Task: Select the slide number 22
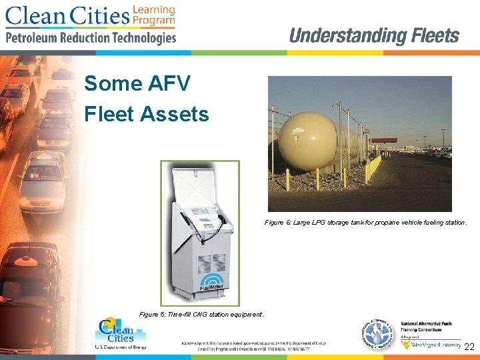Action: coord(469,347)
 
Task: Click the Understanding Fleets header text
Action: coord(374,35)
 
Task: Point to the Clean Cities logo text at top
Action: coord(67,15)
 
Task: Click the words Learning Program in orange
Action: coord(154,15)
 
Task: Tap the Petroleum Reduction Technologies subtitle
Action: coord(91,37)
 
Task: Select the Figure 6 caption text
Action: coord(365,222)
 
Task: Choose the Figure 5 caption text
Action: coord(201,314)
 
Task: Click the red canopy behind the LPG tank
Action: coord(383,141)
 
